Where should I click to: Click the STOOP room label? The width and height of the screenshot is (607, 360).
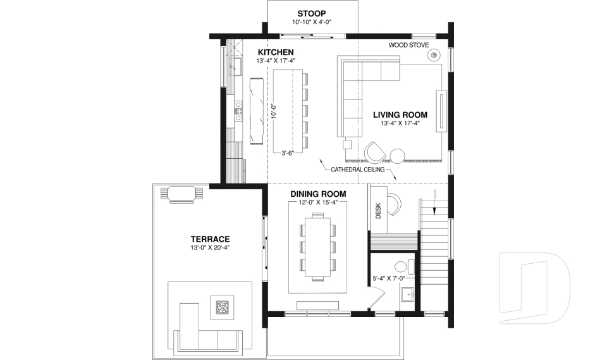point(312,13)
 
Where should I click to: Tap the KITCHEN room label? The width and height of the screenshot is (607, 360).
point(275,52)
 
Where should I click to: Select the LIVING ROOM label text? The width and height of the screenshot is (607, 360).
point(400,115)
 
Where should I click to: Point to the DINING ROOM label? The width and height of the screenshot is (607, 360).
point(318,194)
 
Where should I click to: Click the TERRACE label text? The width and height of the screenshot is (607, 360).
point(209,239)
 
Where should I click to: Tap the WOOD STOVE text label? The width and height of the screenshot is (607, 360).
point(408,46)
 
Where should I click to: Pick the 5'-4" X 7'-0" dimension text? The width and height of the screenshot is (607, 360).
point(388,278)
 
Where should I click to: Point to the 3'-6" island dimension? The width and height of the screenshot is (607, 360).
point(288,153)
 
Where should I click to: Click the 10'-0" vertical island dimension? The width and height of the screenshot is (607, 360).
point(274,111)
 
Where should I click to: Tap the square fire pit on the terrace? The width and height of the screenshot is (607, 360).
point(222,307)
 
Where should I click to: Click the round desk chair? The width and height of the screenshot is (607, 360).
point(395,203)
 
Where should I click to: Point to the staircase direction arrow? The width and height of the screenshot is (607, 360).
point(435,199)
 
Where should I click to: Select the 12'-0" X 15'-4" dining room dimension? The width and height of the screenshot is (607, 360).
point(318,202)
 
